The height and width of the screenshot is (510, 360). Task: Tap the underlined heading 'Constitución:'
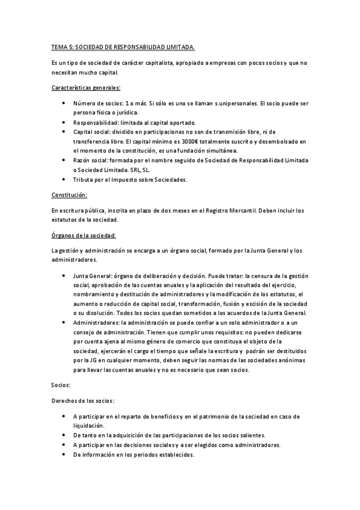click(70, 195)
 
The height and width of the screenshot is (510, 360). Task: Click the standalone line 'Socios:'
click(61, 382)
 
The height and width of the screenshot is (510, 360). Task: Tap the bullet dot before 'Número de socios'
click(64, 103)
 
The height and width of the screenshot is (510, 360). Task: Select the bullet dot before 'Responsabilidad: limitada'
click(64, 122)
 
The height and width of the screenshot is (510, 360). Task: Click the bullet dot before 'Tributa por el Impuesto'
click(64, 179)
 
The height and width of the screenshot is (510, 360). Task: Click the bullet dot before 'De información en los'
click(64, 455)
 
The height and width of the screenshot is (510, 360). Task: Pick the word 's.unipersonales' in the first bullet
click(193, 103)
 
